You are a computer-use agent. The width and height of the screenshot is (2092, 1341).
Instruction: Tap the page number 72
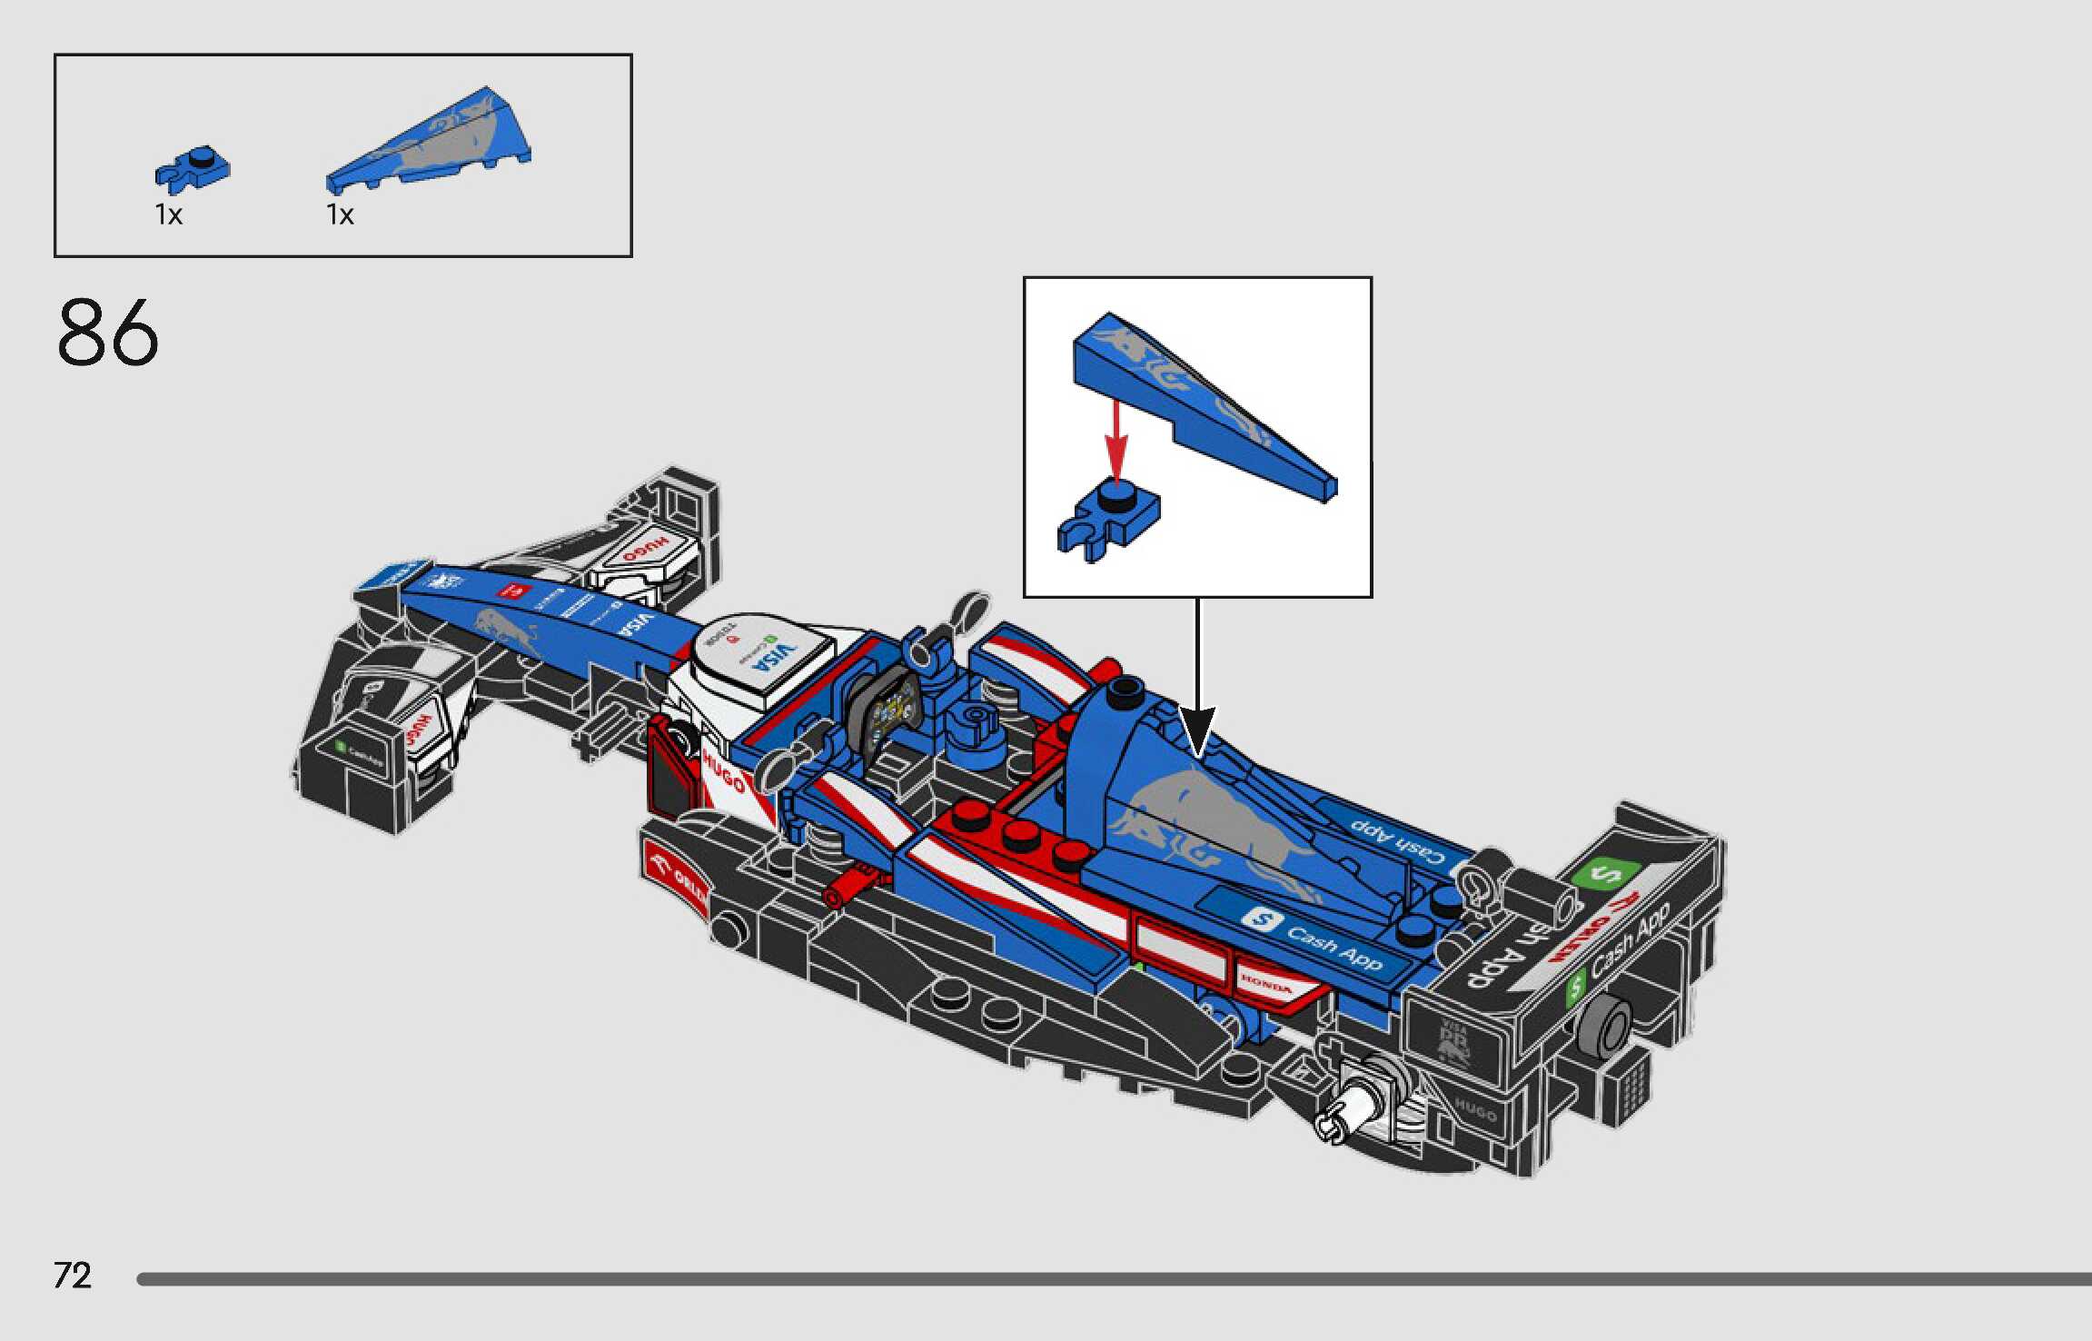[x=73, y=1276]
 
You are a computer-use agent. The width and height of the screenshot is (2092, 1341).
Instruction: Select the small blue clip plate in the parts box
[x=193, y=169]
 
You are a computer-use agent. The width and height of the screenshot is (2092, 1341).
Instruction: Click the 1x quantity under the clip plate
[x=169, y=215]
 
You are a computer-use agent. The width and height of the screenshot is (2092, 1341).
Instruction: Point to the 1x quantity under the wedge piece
[x=341, y=215]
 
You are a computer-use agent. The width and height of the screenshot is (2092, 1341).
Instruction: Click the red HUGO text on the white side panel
[x=723, y=771]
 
